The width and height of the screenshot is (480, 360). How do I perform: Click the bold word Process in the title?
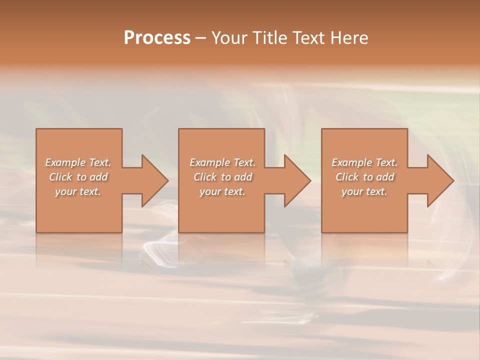(157, 38)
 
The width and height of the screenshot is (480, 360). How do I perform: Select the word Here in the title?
(349, 38)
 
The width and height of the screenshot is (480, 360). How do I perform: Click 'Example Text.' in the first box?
(78, 162)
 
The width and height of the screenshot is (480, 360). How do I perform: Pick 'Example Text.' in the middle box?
(222, 162)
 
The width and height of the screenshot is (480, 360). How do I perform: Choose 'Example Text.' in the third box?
(364, 162)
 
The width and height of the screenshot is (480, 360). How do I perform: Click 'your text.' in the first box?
(78, 191)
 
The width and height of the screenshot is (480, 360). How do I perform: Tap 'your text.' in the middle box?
(222, 191)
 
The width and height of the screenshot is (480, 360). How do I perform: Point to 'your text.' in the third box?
(364, 191)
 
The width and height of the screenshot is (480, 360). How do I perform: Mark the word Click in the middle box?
(205, 177)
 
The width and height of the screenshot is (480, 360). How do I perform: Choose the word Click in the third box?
(347, 177)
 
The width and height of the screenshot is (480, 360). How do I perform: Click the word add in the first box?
(99, 177)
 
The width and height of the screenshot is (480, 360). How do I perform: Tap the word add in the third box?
(385, 177)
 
